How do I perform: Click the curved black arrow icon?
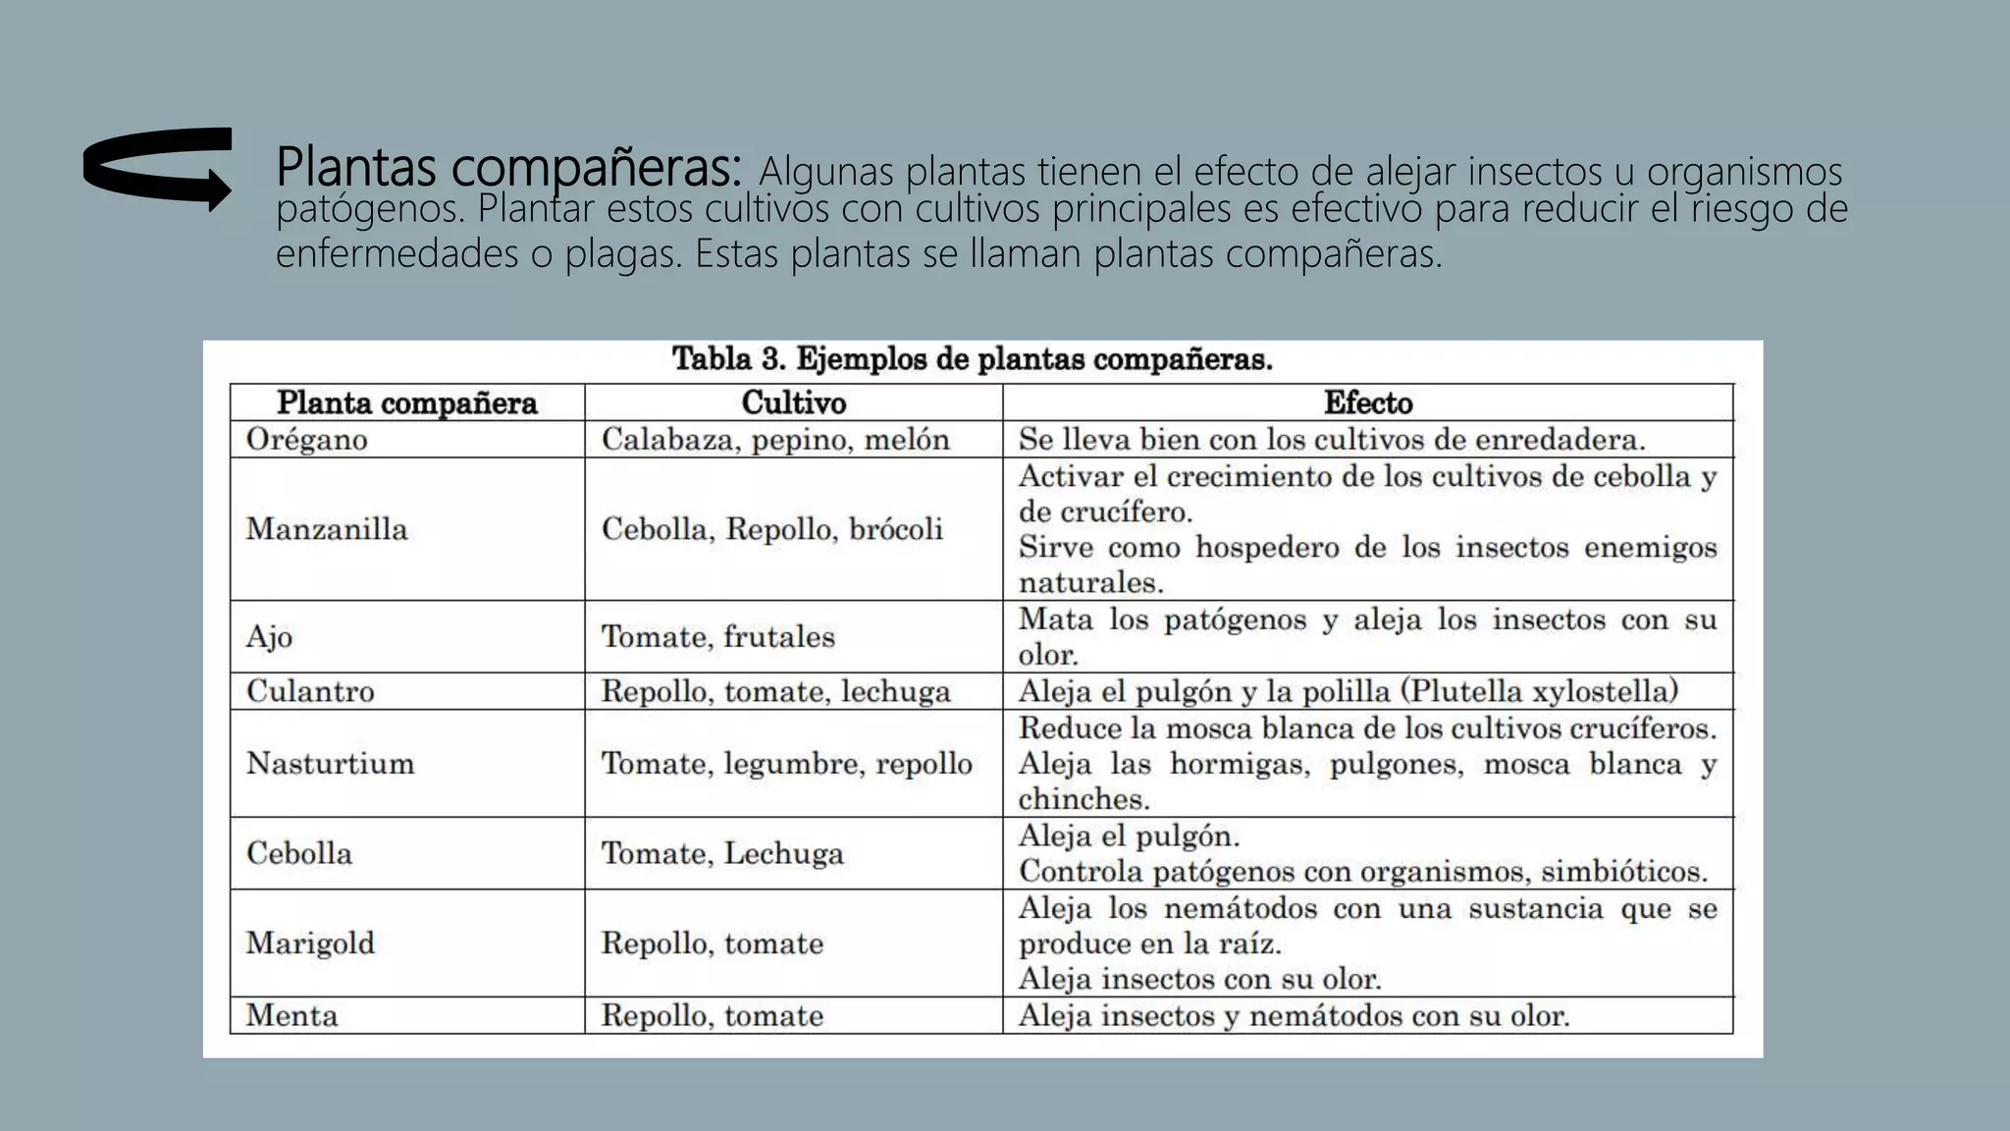click(x=157, y=168)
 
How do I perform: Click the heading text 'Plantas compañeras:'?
click(x=508, y=168)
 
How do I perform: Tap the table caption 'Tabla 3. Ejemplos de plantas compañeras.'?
click(x=972, y=359)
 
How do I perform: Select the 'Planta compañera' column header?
click(x=406, y=403)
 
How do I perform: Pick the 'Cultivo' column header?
click(x=793, y=403)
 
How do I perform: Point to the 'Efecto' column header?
click(x=1367, y=403)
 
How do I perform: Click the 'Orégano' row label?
click(x=306, y=439)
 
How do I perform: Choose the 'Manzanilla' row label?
click(x=326, y=529)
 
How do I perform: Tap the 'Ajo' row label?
click(x=269, y=636)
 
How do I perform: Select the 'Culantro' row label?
click(x=310, y=691)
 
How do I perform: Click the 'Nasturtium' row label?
click(x=330, y=763)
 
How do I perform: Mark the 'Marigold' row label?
click(x=310, y=942)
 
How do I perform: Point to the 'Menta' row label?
click(x=291, y=1015)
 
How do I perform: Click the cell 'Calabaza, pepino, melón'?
click(x=775, y=439)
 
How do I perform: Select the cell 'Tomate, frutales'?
click(x=717, y=636)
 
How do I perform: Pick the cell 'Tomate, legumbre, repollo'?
click(x=786, y=763)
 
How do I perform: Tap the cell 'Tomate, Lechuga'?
click(x=722, y=853)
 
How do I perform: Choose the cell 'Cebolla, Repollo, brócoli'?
click(x=771, y=529)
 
